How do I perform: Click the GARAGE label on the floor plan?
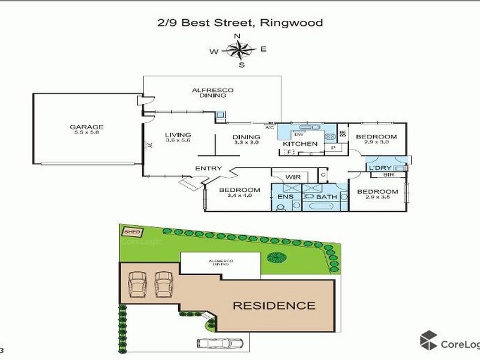pos(87,127)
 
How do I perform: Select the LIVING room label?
pos(179,134)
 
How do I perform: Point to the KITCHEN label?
pos(299,144)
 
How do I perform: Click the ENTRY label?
pos(208,169)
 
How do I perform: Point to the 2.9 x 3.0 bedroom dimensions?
pos(377,143)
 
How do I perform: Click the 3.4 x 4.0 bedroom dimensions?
pos(244,196)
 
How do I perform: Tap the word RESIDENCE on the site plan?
pos(274,305)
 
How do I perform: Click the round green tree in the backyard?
pos(277,258)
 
